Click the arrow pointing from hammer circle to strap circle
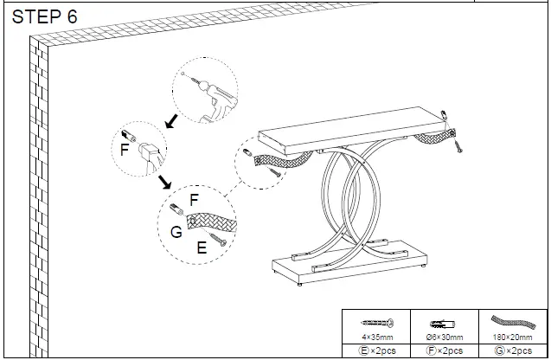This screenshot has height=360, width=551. coord(163,182)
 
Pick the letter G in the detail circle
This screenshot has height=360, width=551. coord(176,231)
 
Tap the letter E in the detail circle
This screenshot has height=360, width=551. coord(202,247)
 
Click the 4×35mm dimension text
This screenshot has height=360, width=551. coord(378,337)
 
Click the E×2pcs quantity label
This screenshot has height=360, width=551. coord(378,350)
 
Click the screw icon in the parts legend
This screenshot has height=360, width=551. coord(378,320)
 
